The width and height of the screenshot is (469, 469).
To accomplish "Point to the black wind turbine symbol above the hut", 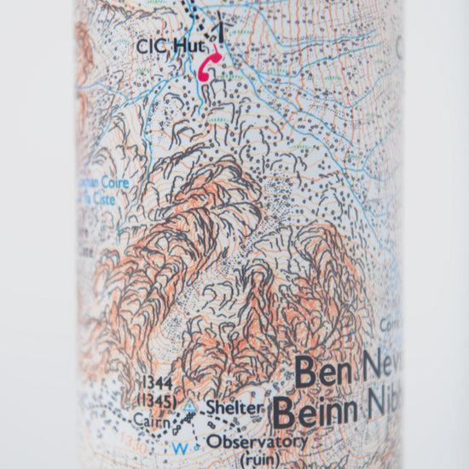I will [221, 29].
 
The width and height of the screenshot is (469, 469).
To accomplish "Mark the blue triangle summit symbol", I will [189, 408].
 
